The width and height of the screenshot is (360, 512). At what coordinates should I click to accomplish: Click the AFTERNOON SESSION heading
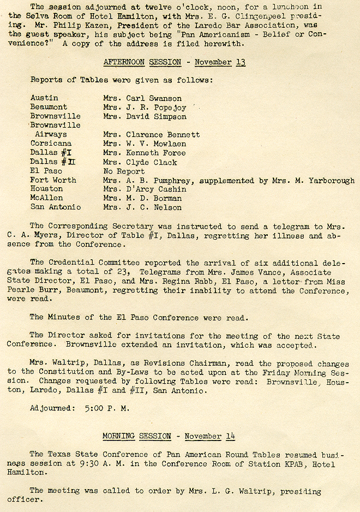pos(142,62)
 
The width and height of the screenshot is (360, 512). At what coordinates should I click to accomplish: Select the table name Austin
pos(44,98)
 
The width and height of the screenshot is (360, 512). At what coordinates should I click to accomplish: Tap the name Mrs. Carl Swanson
pos(142,98)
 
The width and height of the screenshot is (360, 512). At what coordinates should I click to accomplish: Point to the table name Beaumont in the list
pos(49,107)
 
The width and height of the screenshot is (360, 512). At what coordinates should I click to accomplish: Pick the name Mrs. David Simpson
pos(145,116)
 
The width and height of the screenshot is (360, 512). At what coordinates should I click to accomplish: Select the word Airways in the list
pos(51,134)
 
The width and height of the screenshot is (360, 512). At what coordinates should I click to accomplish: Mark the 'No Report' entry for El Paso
pos(124,171)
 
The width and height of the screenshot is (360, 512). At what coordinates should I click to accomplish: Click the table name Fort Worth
pos(53,180)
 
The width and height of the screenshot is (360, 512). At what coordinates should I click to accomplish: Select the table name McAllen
pos(47,198)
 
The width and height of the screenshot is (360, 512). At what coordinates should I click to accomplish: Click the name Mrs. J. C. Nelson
pos(142,207)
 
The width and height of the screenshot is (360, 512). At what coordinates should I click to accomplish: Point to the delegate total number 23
pos(121,272)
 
